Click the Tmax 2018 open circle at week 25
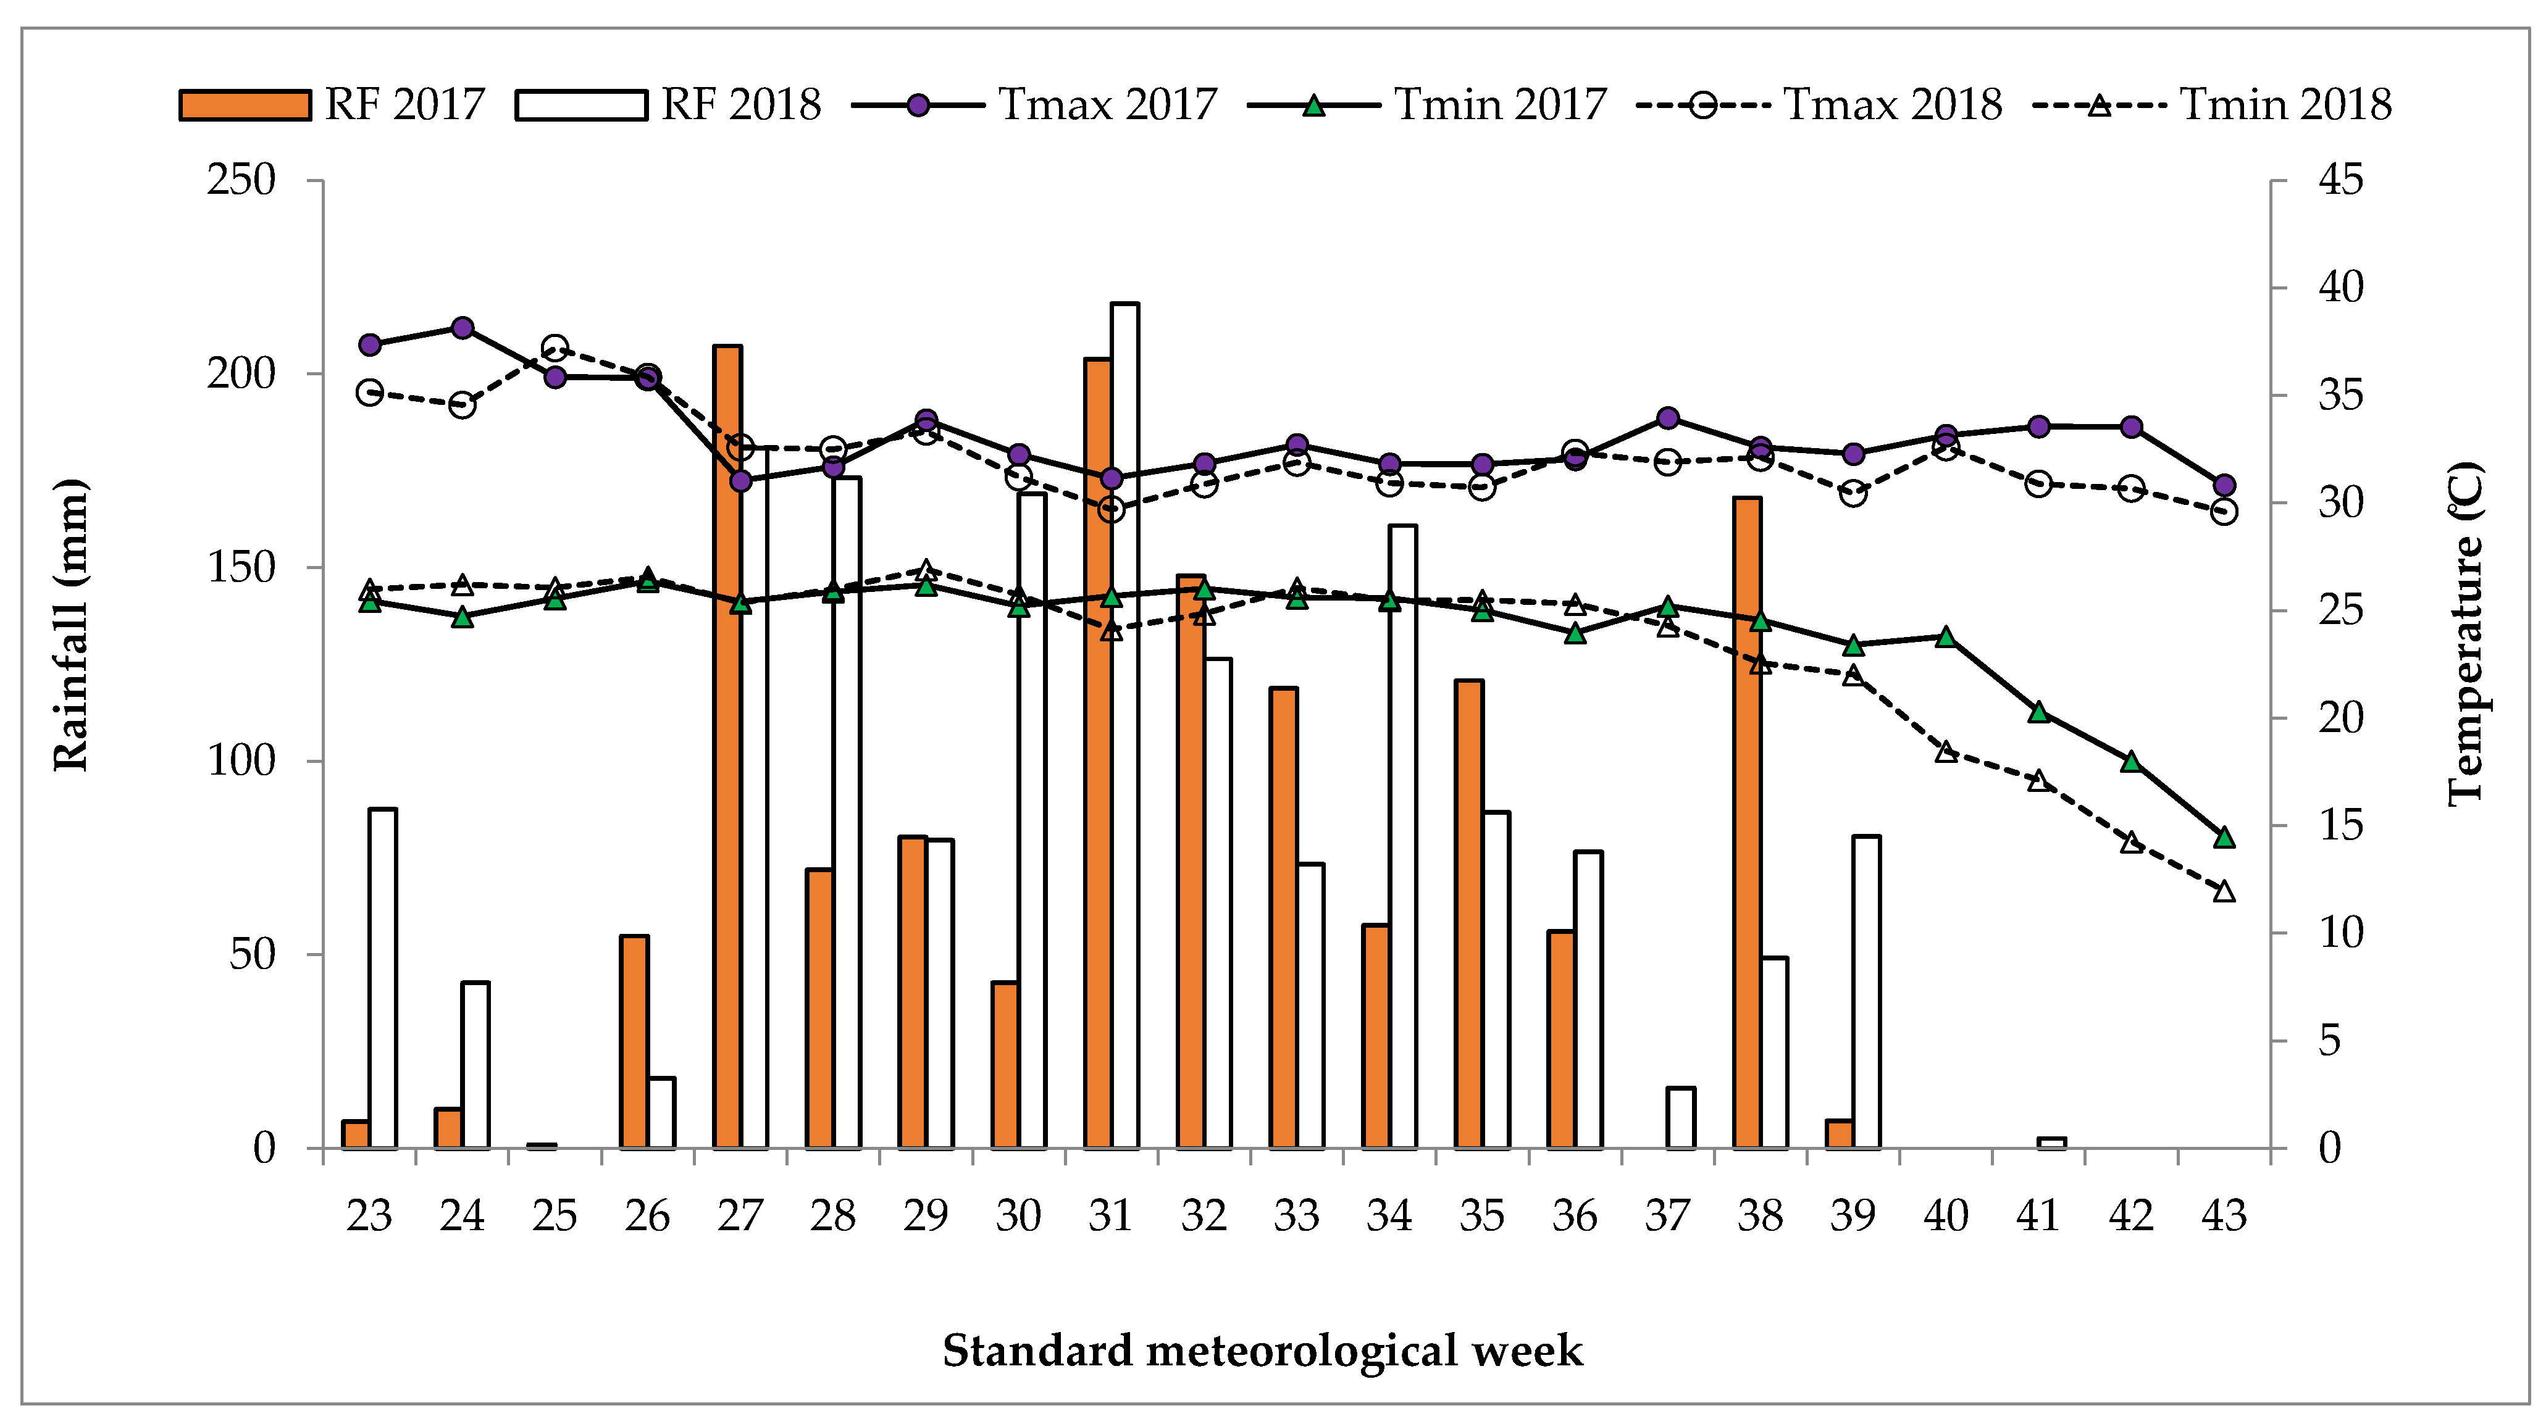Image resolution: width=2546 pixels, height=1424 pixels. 555,348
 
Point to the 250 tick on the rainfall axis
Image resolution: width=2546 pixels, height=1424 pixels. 240,181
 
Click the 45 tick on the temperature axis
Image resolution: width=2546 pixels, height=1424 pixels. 2340,181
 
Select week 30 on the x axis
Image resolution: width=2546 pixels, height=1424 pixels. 1018,1215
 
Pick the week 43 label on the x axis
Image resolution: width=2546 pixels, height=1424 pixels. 2224,1215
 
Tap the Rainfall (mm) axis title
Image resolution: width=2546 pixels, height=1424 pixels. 71,625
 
